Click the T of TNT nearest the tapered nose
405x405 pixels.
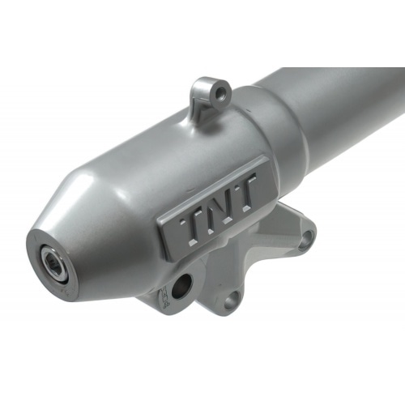(x=192, y=226)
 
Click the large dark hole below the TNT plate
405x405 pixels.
(x=182, y=286)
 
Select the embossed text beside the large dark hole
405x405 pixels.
(x=164, y=298)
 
